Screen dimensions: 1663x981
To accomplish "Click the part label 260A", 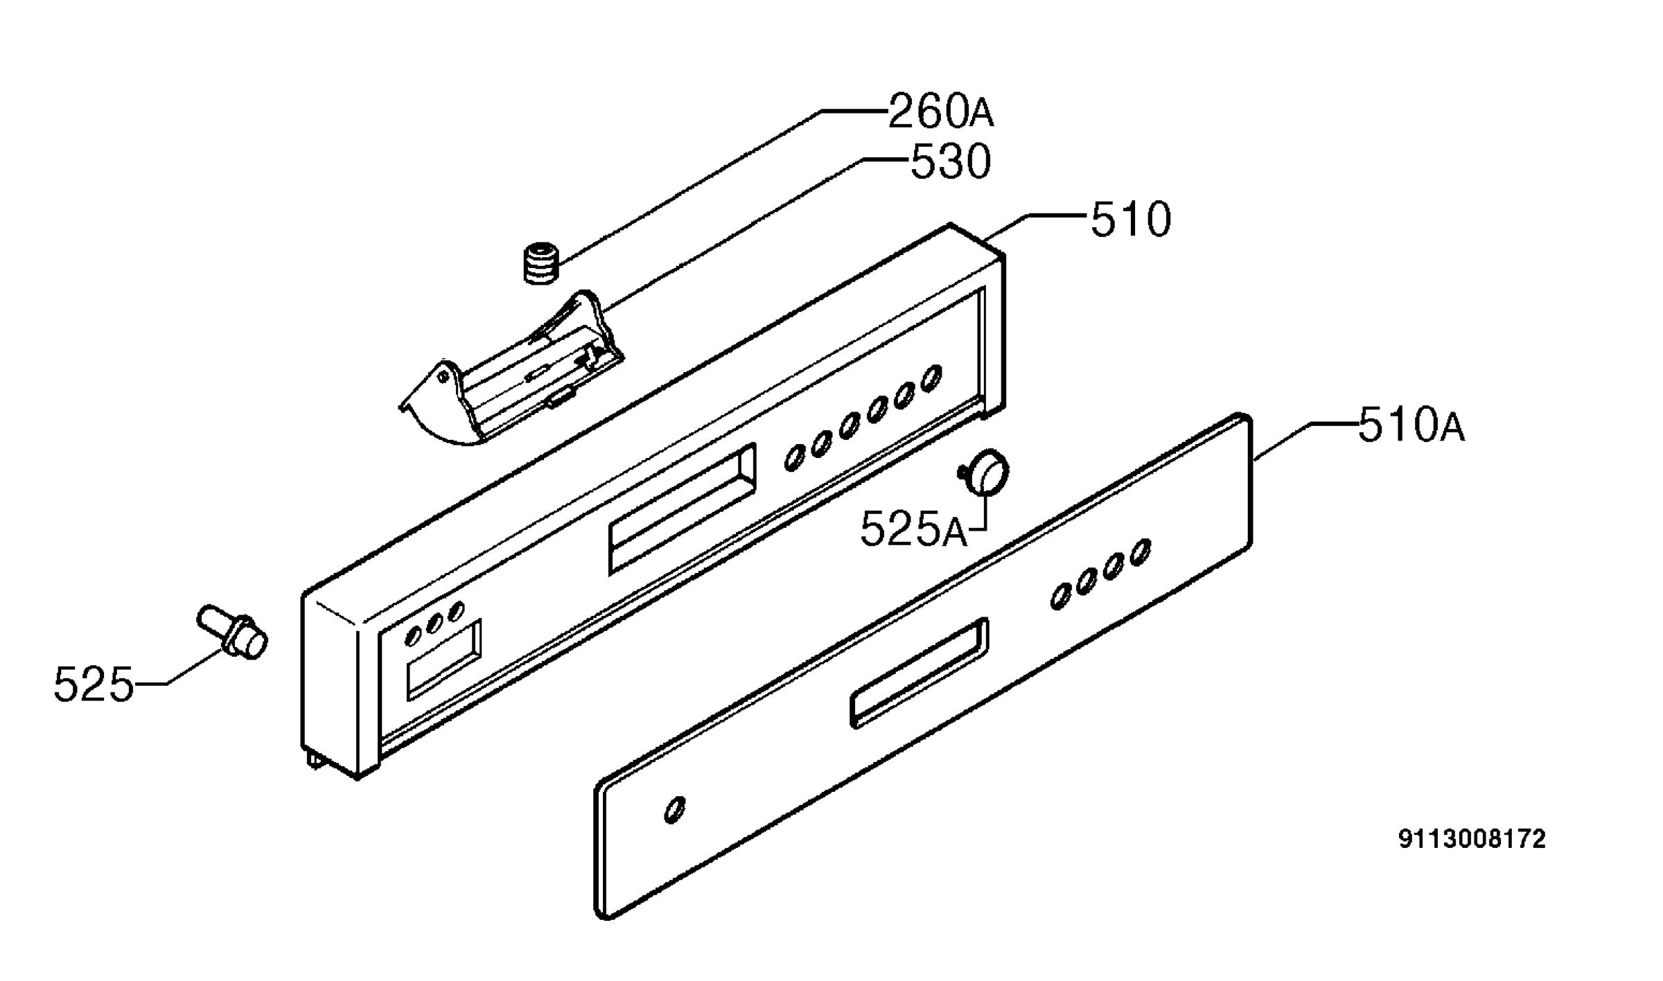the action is tap(940, 112).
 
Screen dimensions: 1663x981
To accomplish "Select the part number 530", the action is tap(950, 162).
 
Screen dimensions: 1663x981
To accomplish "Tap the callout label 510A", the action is tap(1411, 425).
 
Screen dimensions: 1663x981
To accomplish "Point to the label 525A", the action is tap(913, 530).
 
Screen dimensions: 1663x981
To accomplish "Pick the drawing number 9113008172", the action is tap(1472, 840).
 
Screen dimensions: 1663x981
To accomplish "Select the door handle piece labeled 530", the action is tap(511, 368).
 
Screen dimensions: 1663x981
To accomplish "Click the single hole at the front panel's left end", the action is tap(675, 810).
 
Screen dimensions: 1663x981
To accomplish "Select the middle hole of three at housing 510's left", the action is tap(434, 624).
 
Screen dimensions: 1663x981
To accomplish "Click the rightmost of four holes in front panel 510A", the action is tap(1140, 553).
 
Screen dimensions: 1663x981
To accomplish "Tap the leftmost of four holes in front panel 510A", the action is tap(1060, 597).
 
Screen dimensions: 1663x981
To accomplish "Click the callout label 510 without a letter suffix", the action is tap(1131, 220).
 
